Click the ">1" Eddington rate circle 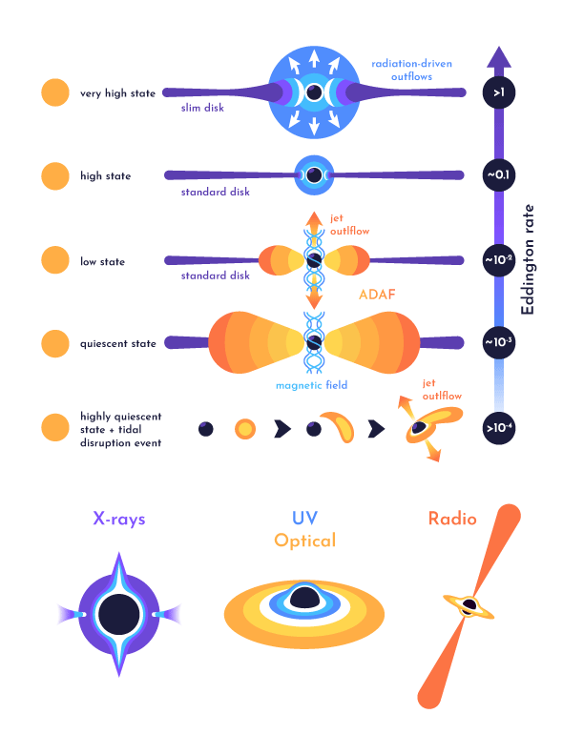pyautogui.click(x=499, y=92)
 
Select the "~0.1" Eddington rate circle pyautogui.click(x=499, y=176)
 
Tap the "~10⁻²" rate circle pyautogui.click(x=499, y=260)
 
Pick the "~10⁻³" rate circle pyautogui.click(x=499, y=342)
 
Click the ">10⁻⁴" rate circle pyautogui.click(x=499, y=428)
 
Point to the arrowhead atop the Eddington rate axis pyautogui.click(x=499, y=57)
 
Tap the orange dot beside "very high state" pyautogui.click(x=55, y=93)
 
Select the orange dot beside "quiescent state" pyautogui.click(x=55, y=343)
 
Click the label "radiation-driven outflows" pyautogui.click(x=412, y=70)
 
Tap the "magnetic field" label pyautogui.click(x=312, y=385)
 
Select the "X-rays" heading pyautogui.click(x=119, y=520)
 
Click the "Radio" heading pyautogui.click(x=452, y=520)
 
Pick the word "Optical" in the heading pyautogui.click(x=304, y=541)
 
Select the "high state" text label pyautogui.click(x=106, y=176)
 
